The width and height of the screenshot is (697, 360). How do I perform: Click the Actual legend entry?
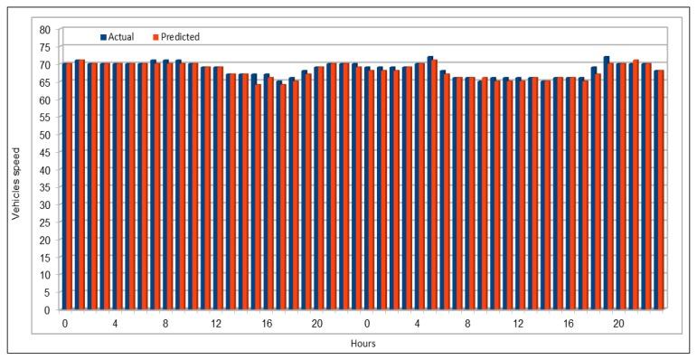coord(121,37)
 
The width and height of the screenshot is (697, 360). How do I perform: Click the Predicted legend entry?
coord(181,37)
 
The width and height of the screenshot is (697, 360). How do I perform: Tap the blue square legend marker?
coord(102,37)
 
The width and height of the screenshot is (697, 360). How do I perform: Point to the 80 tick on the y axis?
coord(43,29)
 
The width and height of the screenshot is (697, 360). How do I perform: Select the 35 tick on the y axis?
coord(43,187)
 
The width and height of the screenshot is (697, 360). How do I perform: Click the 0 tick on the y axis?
coord(47,309)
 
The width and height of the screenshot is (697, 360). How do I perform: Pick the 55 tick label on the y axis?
coord(43,117)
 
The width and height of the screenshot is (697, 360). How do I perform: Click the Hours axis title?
coord(364,343)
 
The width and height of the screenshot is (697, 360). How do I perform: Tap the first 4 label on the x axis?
coord(115,323)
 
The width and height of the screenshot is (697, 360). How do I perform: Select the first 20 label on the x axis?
coord(316,323)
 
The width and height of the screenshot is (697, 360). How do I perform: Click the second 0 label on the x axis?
coord(367,323)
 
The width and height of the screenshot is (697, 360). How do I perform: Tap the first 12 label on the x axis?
coord(215,323)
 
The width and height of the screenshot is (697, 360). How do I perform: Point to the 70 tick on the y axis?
coord(43,64)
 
